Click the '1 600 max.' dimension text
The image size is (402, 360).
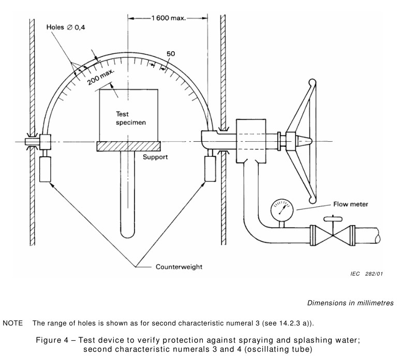click(x=168, y=18)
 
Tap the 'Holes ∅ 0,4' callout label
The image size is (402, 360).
click(x=66, y=27)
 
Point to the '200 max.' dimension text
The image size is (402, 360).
click(x=101, y=77)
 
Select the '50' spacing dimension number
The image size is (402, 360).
click(x=171, y=54)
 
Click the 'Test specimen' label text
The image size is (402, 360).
click(x=131, y=118)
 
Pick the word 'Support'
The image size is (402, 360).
click(x=155, y=157)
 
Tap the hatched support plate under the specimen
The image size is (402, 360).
click(x=129, y=146)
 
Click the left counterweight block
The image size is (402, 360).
click(x=45, y=169)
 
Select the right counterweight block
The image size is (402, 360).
click(x=210, y=169)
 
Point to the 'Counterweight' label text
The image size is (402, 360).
click(x=179, y=267)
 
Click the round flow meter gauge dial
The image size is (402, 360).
click(x=282, y=209)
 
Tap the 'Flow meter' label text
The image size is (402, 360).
click(x=350, y=204)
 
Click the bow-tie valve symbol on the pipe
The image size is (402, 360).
click(x=333, y=235)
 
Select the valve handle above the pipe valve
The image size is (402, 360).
click(x=333, y=219)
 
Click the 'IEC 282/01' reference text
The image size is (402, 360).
click(x=367, y=274)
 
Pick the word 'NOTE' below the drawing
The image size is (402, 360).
click(x=12, y=323)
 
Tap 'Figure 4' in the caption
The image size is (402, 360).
click(x=52, y=340)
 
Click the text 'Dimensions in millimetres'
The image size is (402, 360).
click(x=350, y=303)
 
